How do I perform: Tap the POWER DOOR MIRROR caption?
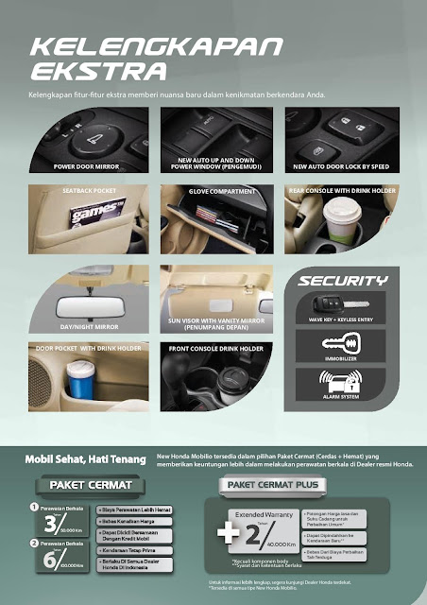click(88, 165)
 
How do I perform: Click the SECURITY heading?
click(344, 281)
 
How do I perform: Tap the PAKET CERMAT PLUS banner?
click(270, 484)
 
